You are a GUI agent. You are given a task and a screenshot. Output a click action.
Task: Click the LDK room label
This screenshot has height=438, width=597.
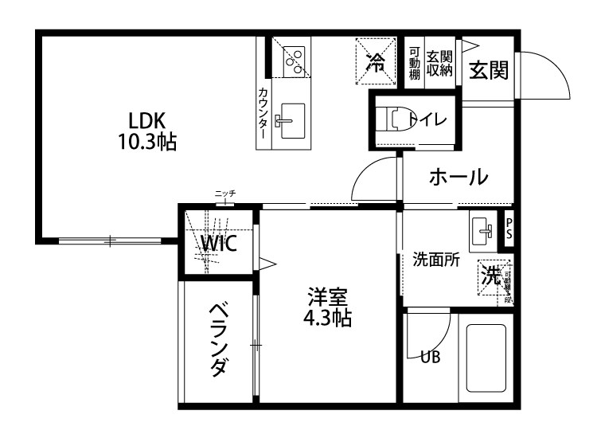point(147,122)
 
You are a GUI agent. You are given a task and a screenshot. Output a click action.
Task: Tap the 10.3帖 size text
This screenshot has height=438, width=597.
point(147,143)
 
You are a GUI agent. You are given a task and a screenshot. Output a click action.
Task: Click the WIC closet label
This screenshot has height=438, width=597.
point(217,244)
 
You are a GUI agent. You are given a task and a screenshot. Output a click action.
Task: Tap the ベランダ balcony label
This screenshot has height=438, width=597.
point(219,338)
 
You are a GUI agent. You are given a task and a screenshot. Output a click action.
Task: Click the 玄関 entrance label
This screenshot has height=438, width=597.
point(488,70)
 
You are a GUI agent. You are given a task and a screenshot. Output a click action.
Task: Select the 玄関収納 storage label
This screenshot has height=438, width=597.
point(439,63)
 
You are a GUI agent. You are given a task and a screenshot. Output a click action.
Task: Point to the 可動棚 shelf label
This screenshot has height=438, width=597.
point(414,64)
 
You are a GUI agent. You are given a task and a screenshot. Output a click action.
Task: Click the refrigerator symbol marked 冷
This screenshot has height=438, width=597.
point(374,62)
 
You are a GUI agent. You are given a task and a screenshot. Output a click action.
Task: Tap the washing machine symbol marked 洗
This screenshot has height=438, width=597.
point(494,276)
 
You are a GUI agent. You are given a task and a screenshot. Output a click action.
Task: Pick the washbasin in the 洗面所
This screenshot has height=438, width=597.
point(482,231)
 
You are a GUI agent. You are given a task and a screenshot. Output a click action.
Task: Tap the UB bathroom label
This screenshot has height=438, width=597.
point(430,358)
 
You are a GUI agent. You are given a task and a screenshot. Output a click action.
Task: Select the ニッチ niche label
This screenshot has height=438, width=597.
point(225,194)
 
